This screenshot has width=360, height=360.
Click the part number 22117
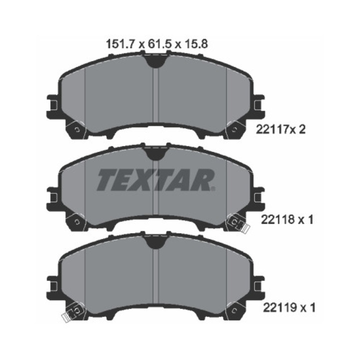[x=272, y=130]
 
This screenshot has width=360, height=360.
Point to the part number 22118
[x=277, y=220]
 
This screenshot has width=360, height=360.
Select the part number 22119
[x=279, y=308]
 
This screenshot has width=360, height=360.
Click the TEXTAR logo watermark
[x=156, y=180]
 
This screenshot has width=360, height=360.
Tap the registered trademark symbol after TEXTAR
[x=213, y=188]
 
